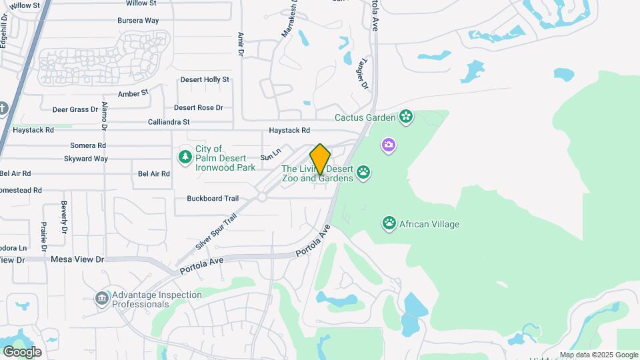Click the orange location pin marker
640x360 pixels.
click(x=320, y=159)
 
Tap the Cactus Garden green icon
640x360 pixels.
click(x=407, y=118)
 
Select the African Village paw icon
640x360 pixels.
click(x=389, y=223)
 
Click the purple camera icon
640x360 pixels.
click(x=389, y=145)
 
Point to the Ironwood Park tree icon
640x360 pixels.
click(x=185, y=156)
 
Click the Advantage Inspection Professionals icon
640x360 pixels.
click(x=101, y=297)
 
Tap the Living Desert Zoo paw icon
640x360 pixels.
click(x=363, y=173)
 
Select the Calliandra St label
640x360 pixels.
click(x=169, y=122)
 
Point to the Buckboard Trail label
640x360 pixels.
click(x=213, y=199)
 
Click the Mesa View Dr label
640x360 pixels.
click(x=78, y=259)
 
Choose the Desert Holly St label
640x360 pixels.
click(x=205, y=79)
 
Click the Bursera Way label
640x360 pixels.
click(x=138, y=21)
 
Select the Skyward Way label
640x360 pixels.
click(x=86, y=159)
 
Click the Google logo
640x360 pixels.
click(x=22, y=351)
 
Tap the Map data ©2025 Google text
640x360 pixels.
click(x=599, y=355)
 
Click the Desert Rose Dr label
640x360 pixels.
click(x=198, y=107)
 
